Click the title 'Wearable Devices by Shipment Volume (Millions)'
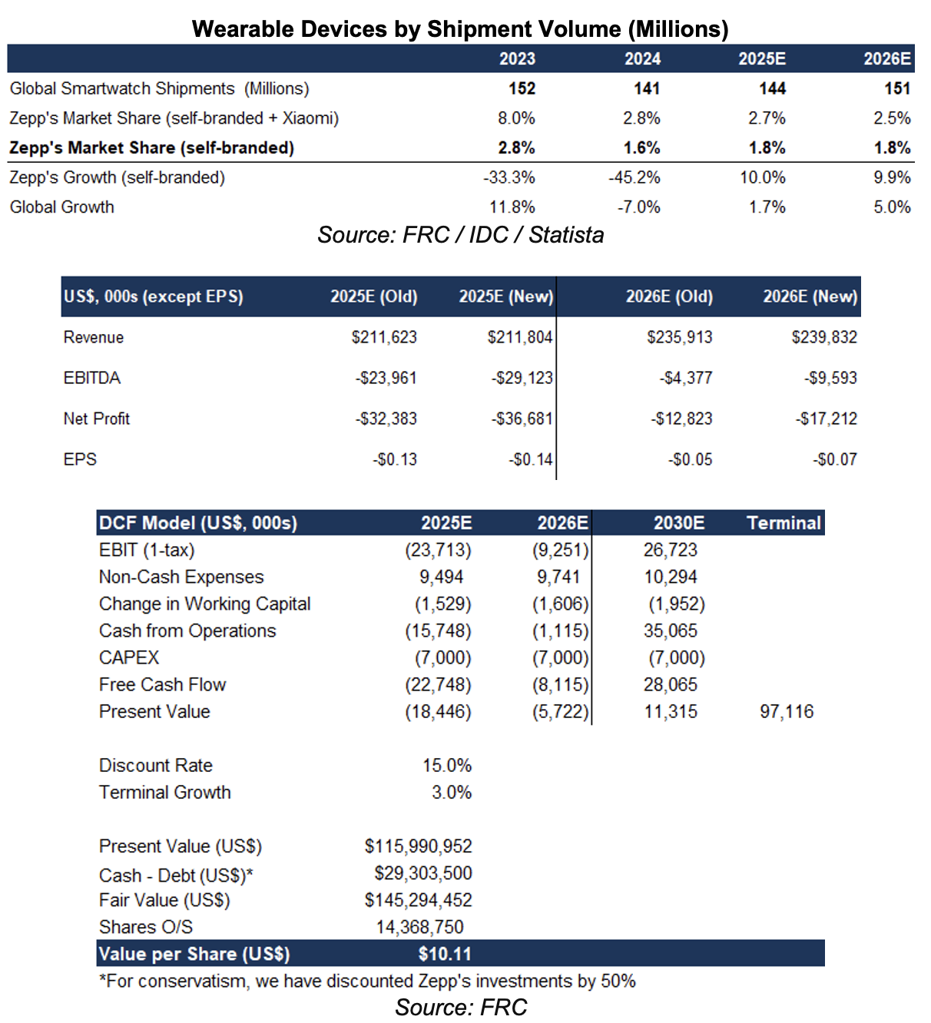460,29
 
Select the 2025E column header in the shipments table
762,59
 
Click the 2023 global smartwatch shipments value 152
522,88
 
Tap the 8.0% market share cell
516,118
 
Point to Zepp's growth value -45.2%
634,177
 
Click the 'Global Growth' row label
62,207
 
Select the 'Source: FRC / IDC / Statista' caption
461,235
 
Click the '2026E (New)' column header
810,297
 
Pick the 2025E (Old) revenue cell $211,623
384,337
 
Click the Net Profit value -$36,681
522,419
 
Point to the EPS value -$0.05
690,459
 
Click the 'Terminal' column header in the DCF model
784,523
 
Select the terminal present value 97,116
787,712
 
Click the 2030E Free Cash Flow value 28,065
671,685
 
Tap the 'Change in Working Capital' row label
205,604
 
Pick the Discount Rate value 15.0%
447,766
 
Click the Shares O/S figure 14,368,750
424,927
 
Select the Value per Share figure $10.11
445,954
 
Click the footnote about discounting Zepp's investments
367,981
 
